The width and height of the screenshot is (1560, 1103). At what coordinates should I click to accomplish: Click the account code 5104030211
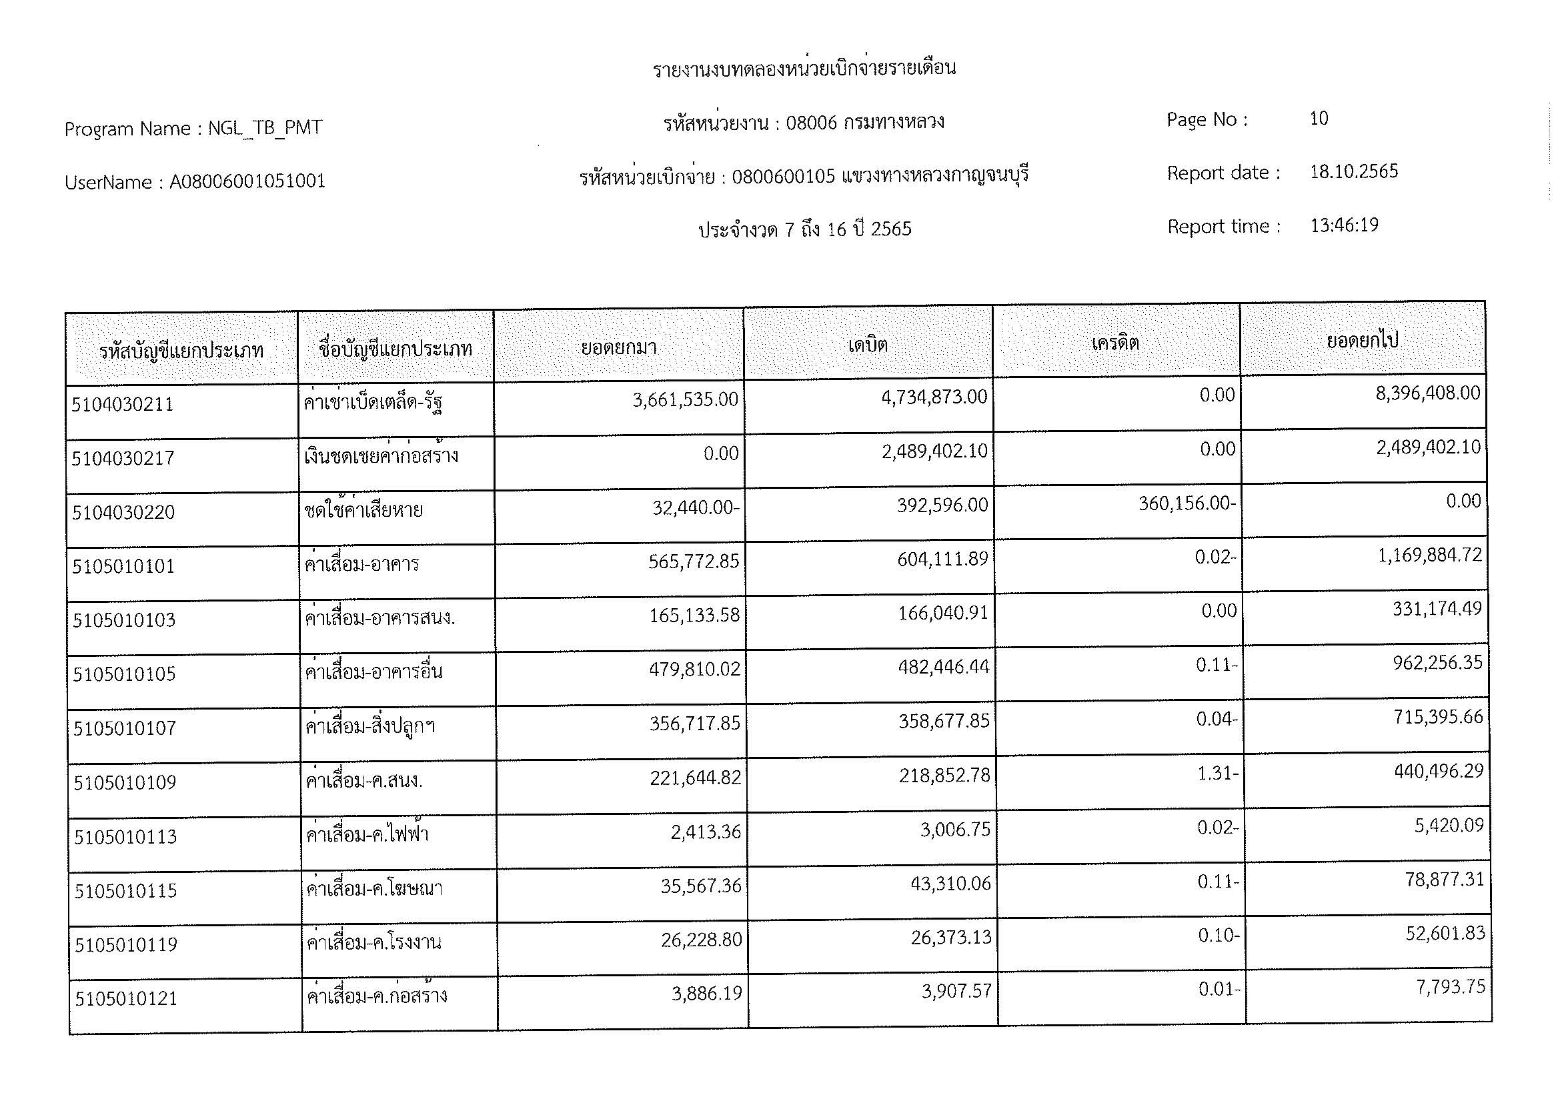tap(122, 405)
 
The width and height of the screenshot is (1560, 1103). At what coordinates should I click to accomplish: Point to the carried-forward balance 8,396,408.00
tap(1427, 393)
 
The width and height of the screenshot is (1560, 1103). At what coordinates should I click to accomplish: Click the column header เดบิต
tap(868, 345)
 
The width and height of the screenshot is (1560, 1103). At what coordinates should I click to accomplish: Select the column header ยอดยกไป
tap(1362, 340)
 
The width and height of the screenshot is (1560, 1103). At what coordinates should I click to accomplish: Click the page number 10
tap(1318, 119)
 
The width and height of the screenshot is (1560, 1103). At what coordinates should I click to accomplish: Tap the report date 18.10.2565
tap(1353, 171)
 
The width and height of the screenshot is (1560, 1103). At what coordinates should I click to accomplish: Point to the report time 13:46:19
tap(1344, 225)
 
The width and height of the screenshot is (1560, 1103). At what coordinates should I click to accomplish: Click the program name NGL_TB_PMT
tap(264, 128)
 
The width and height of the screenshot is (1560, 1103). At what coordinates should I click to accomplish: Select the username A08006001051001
tap(247, 182)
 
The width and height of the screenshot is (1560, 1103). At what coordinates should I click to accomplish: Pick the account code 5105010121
tap(125, 999)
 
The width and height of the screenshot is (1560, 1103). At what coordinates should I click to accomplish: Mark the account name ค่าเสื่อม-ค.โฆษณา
tap(374, 889)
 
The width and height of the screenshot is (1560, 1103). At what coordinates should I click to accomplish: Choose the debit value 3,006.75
tap(954, 830)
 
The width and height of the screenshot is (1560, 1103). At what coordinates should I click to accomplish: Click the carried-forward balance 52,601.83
tap(1445, 934)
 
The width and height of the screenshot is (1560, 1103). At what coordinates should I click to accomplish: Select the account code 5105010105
tap(124, 674)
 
